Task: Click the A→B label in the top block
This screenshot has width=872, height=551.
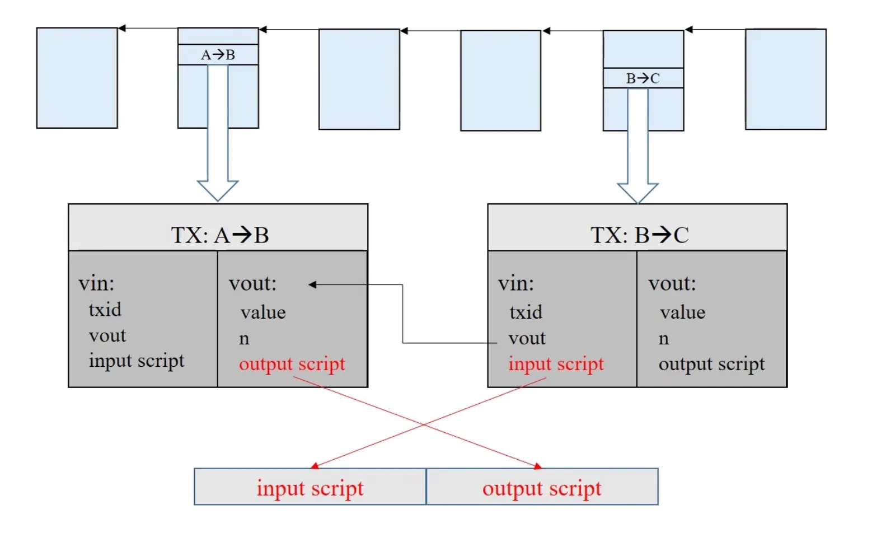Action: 218,55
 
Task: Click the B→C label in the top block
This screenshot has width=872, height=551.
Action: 643,78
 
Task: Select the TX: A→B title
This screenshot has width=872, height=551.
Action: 219,235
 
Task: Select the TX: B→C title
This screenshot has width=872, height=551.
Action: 639,235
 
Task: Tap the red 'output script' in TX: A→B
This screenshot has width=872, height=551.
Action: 292,364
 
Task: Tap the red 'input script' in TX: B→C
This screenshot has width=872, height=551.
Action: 556,364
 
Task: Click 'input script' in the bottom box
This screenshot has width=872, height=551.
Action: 310,488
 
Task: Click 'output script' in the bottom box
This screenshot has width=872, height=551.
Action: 542,488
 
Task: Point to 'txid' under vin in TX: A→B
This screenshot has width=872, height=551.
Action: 105,310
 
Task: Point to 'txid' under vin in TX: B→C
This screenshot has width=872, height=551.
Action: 526,312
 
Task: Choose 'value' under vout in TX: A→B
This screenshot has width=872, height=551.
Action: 263,312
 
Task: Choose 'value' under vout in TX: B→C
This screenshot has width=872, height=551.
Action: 682,312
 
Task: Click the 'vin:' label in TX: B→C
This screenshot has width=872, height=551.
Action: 515,283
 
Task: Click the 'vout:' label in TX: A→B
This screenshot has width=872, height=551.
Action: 252,283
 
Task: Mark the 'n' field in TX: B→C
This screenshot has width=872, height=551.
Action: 664,339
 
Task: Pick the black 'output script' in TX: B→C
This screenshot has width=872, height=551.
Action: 711,364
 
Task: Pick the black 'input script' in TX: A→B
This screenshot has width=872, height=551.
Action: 136,361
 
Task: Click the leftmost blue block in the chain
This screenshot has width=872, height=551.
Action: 77,78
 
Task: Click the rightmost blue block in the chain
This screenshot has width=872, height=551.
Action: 785,79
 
